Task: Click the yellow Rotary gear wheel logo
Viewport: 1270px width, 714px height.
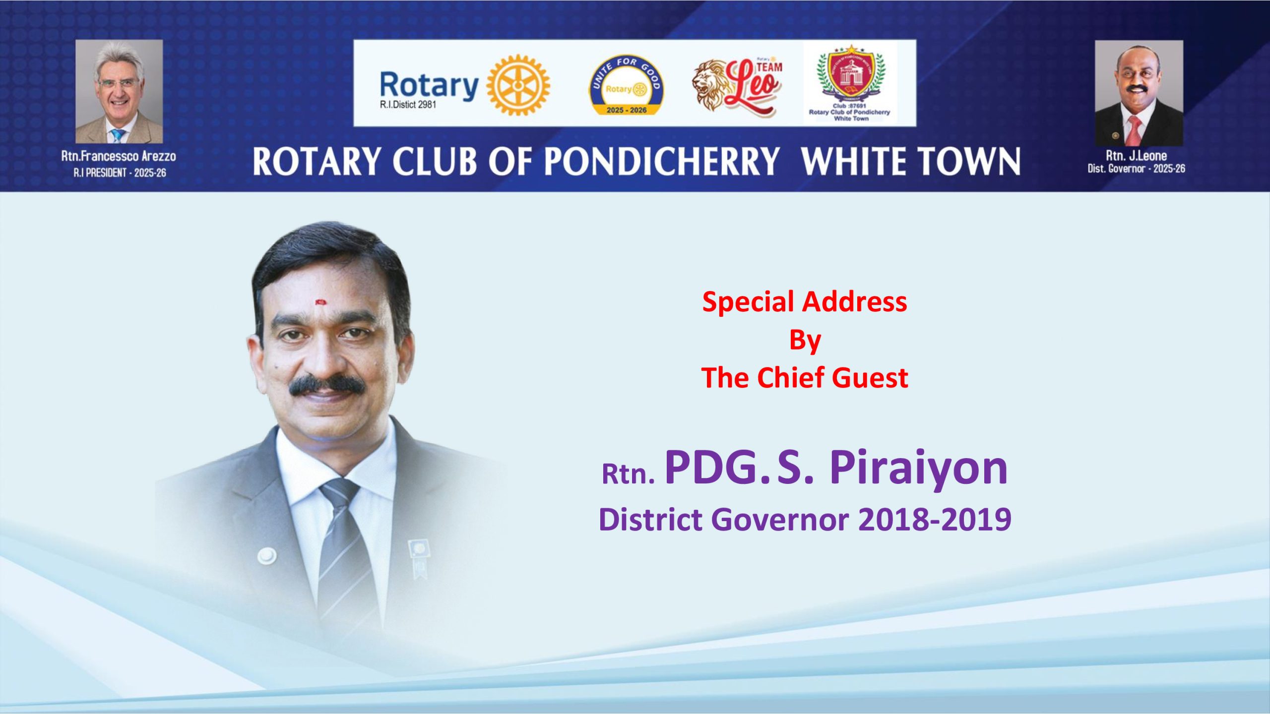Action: pyautogui.click(x=518, y=85)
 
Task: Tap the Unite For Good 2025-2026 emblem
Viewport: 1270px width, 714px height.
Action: pyautogui.click(x=627, y=85)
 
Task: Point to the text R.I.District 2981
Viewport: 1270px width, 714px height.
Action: pyautogui.click(x=408, y=105)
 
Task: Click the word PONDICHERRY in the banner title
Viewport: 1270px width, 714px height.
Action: pyautogui.click(x=662, y=162)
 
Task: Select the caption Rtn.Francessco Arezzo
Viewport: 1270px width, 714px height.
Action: pyautogui.click(x=119, y=156)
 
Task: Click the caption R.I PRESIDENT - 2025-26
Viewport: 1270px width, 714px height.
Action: pyautogui.click(x=120, y=173)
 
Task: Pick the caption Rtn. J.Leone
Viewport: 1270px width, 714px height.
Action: pyautogui.click(x=1136, y=156)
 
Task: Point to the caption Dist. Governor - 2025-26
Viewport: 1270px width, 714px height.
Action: pyautogui.click(x=1136, y=169)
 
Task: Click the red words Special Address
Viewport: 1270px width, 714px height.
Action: pyautogui.click(x=805, y=302)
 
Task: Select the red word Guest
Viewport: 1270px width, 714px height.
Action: pyautogui.click(x=870, y=378)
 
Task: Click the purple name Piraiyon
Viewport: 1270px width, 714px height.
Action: pyautogui.click(x=919, y=469)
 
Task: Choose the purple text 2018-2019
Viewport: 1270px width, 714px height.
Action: pyautogui.click(x=935, y=519)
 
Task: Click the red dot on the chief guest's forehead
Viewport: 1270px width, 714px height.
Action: pyautogui.click(x=320, y=301)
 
